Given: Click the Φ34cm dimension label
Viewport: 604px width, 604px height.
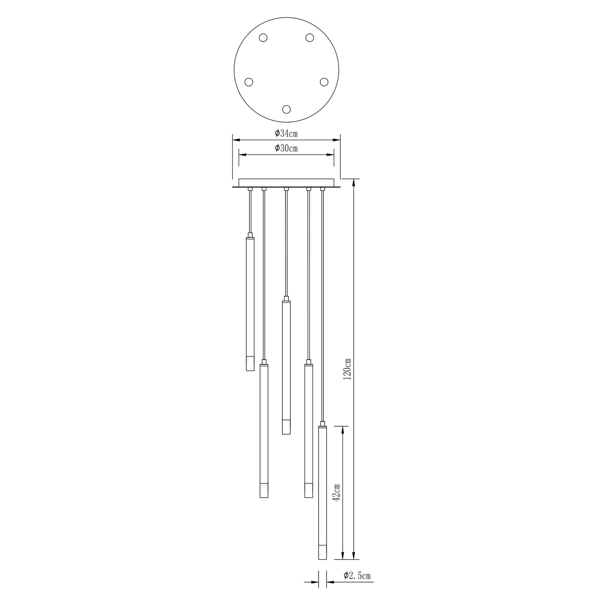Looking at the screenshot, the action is click(286, 134).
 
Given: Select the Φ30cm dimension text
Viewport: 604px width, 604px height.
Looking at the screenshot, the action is click(286, 148).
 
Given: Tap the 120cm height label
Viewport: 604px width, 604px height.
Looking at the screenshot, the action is click(347, 369).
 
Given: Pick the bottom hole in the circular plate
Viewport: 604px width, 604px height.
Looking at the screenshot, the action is click(286, 109).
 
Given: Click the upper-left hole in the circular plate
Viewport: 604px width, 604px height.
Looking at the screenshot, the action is click(263, 38).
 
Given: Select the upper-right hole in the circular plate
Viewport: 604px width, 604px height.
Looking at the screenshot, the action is click(310, 38).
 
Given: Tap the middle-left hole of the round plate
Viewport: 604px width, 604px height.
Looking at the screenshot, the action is click(249, 82).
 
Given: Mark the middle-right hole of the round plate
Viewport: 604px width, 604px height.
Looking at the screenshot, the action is click(324, 82).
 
